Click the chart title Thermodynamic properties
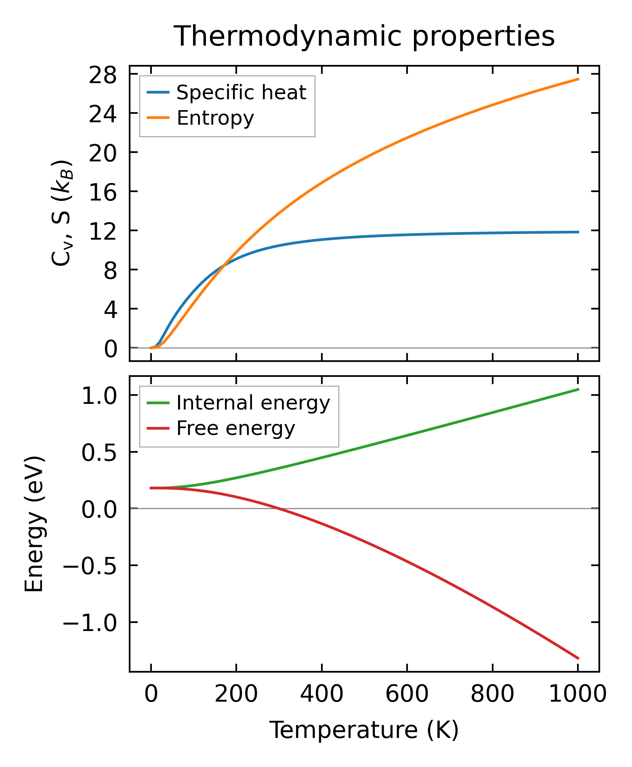pyautogui.click(x=364, y=36)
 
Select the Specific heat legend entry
pyautogui.click(x=241, y=92)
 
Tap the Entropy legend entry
pyautogui.click(x=215, y=118)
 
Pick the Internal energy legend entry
pyautogui.click(x=253, y=403)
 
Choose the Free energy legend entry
pyautogui.click(x=235, y=428)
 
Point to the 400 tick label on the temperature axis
pyautogui.click(x=321, y=694)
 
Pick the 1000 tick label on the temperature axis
pyautogui.click(x=578, y=694)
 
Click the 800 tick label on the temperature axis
pyautogui.click(x=492, y=694)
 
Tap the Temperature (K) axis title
pyautogui.click(x=364, y=730)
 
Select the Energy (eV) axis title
pyautogui.click(x=34, y=524)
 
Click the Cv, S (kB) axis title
pyautogui.click(x=62, y=213)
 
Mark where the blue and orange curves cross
pyautogui.click(x=224, y=264)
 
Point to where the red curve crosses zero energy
pyautogui.click(x=278, y=508)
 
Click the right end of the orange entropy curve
pyautogui.click(x=578, y=79)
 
